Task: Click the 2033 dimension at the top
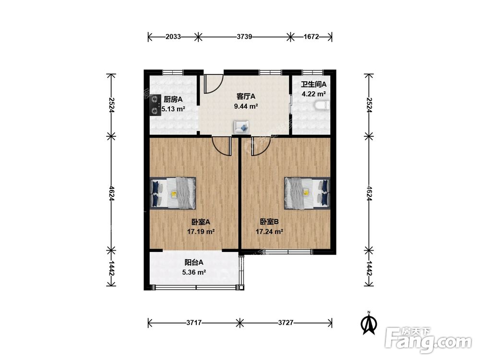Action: (x=173, y=37)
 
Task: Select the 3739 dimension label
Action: (x=244, y=37)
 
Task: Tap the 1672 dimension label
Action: (x=312, y=37)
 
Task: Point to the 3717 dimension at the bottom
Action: (x=194, y=323)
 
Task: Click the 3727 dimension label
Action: (x=286, y=323)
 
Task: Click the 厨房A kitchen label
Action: (x=173, y=99)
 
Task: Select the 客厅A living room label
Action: (x=246, y=96)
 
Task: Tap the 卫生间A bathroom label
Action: (x=313, y=84)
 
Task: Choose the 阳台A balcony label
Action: (x=194, y=263)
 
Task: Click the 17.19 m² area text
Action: (x=201, y=232)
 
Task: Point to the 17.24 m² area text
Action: (x=269, y=232)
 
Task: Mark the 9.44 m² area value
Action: (x=246, y=106)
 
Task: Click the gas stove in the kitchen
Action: (x=156, y=105)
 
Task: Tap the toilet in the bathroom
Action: (x=322, y=106)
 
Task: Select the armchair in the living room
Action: (x=241, y=127)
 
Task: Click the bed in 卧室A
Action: (x=173, y=193)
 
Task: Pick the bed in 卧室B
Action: (x=307, y=193)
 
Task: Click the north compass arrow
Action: (x=369, y=323)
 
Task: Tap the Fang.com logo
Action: (x=428, y=340)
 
